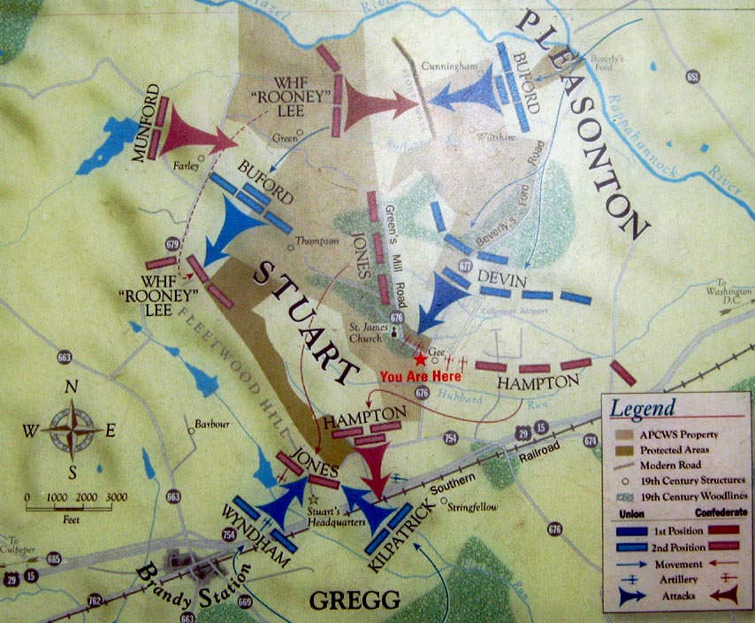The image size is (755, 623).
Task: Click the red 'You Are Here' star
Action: tap(419, 358)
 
